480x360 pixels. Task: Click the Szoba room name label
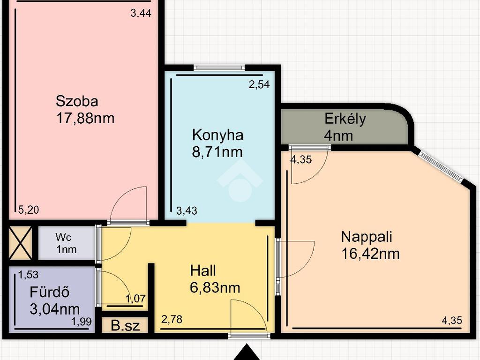click(77, 101)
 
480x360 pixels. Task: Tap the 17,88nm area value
click(85, 118)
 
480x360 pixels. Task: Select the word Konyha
click(217, 135)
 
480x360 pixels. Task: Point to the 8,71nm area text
click(217, 152)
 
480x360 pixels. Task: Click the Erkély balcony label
click(345, 119)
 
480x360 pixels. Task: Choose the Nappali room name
click(367, 237)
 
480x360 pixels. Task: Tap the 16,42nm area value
click(370, 254)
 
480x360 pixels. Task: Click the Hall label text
click(203, 270)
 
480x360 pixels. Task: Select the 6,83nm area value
click(215, 288)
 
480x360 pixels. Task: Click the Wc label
click(64, 237)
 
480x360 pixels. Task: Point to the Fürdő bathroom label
click(50, 292)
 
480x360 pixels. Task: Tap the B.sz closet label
click(125, 326)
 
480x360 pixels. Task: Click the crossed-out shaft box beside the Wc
click(20, 243)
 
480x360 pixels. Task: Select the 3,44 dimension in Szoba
click(141, 14)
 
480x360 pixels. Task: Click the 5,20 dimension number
click(29, 210)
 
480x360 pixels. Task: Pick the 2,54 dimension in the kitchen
click(259, 84)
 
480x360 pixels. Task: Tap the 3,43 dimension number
click(187, 210)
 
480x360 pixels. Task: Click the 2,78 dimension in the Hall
click(172, 320)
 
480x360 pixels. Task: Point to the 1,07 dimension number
click(135, 299)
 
